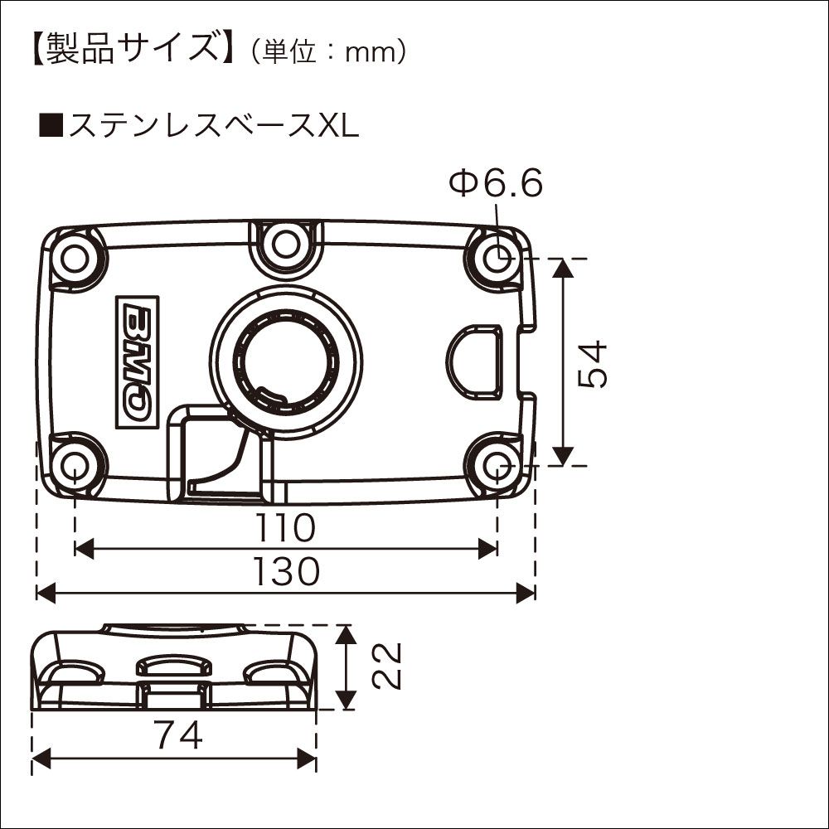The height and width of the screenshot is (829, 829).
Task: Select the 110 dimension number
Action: (x=286, y=526)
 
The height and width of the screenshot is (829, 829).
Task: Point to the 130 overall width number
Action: (x=286, y=572)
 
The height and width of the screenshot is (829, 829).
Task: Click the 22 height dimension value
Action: (x=386, y=666)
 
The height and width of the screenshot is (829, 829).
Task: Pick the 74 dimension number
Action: (x=177, y=734)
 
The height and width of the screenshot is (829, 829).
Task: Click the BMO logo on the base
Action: (x=138, y=362)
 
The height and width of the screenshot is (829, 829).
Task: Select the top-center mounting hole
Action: (x=285, y=244)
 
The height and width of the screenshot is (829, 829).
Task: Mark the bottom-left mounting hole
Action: (x=75, y=464)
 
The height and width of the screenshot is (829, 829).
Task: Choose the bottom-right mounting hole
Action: (x=497, y=464)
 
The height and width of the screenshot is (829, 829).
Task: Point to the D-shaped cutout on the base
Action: (x=476, y=358)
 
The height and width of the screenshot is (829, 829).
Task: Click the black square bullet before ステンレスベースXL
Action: (x=51, y=127)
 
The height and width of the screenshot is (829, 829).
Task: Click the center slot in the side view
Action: (x=173, y=666)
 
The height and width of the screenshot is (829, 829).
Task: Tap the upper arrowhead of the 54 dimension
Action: (x=563, y=267)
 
